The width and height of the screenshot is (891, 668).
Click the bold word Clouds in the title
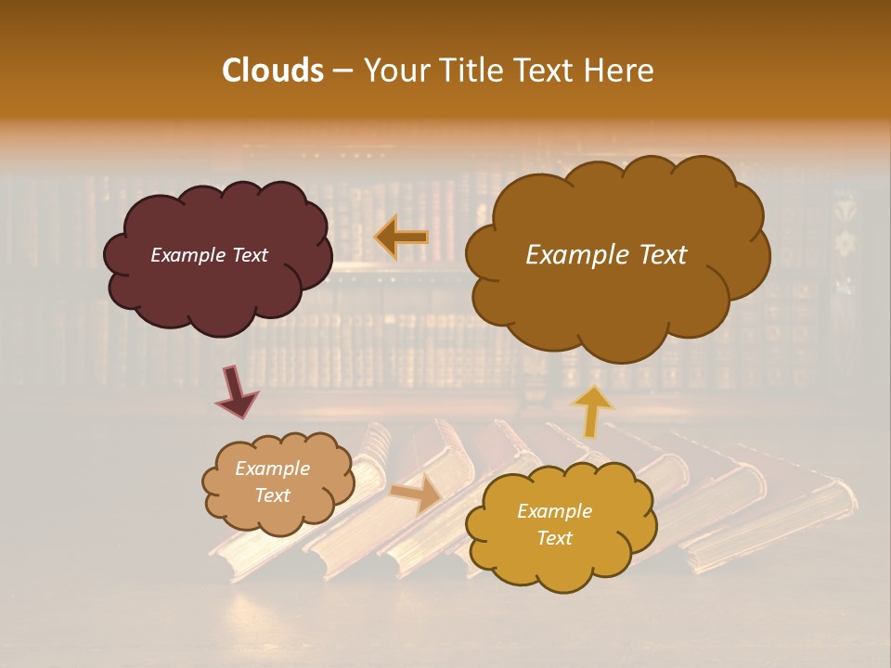[x=273, y=71]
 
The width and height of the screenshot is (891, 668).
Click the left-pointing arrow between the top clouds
[x=401, y=238]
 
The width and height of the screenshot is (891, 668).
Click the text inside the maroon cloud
[x=209, y=255]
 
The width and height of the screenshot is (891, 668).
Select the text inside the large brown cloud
[x=606, y=255]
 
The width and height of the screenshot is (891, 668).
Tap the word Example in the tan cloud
[x=272, y=469]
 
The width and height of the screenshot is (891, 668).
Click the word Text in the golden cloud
[x=554, y=538]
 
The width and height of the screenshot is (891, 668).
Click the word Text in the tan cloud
[x=272, y=495]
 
